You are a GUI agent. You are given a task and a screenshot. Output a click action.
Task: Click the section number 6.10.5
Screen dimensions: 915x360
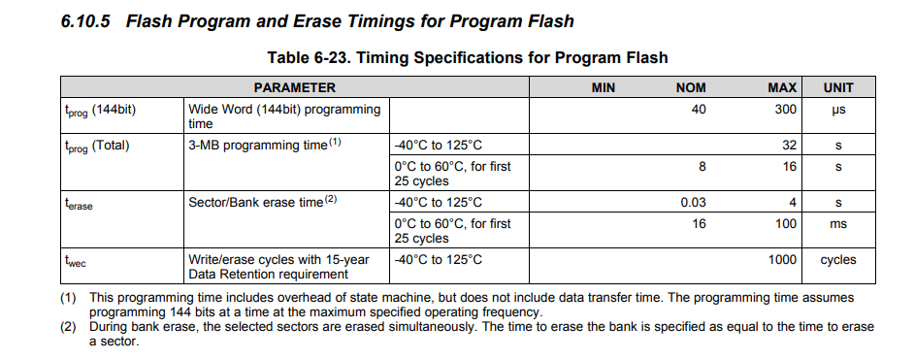pyautogui.click(x=85, y=21)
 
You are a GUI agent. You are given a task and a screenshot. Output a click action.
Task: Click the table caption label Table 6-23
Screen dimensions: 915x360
pyautogui.click(x=307, y=58)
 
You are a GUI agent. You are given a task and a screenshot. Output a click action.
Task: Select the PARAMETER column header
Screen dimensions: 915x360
pyautogui.click(x=295, y=87)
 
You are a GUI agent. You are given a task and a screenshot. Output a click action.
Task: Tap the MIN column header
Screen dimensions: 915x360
pyautogui.click(x=603, y=87)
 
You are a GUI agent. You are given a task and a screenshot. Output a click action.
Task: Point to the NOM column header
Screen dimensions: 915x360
pyautogui.click(x=691, y=87)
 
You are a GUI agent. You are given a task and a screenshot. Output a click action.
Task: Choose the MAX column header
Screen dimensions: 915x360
pyautogui.click(x=782, y=87)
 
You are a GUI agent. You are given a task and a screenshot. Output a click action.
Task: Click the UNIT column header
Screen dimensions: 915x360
pyautogui.click(x=838, y=87)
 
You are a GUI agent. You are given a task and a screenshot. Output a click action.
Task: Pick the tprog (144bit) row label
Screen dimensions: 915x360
pyautogui.click(x=100, y=111)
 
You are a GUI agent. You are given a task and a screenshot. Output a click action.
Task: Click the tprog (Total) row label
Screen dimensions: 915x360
pyautogui.click(x=97, y=147)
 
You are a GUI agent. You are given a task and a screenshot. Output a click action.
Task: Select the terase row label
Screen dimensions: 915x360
pyautogui.click(x=79, y=204)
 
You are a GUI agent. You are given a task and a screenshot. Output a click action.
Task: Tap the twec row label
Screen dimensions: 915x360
pyautogui.click(x=76, y=261)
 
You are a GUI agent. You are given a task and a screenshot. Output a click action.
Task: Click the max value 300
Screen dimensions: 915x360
pyautogui.click(x=785, y=109)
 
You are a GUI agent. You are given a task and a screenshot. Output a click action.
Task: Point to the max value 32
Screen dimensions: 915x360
pyautogui.click(x=789, y=146)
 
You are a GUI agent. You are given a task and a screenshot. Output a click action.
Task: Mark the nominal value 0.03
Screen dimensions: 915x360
pyautogui.click(x=693, y=203)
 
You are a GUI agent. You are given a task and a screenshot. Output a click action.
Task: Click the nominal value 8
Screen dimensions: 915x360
pyautogui.click(x=702, y=166)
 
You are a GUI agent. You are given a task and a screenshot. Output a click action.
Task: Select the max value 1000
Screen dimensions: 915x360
pyautogui.click(x=782, y=260)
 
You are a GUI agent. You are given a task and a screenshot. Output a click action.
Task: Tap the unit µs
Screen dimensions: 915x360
pyautogui.click(x=838, y=110)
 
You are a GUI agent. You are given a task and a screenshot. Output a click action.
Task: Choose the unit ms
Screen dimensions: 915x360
pyautogui.click(x=838, y=224)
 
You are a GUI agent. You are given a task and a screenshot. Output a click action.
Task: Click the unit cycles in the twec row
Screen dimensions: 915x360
pyautogui.click(x=838, y=260)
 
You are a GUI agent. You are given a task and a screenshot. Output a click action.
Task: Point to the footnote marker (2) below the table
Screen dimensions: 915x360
pyautogui.click(x=68, y=327)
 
